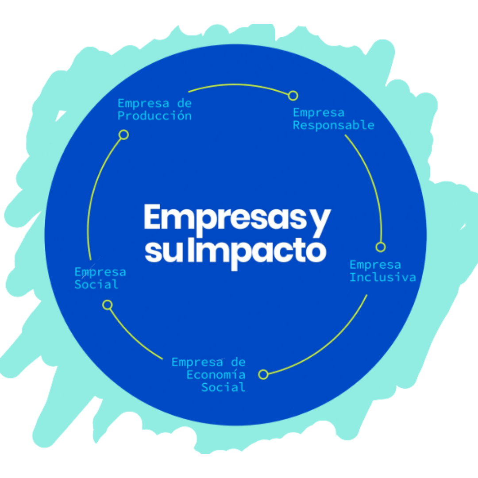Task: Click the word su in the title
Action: tap(164, 251)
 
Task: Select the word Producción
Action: tap(154, 116)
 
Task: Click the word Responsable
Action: tap(333, 125)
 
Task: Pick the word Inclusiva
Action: tap(383, 278)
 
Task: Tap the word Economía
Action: tap(216, 375)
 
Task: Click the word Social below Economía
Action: tap(223, 387)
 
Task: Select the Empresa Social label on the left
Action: tap(100, 278)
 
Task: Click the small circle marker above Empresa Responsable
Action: tap(293, 96)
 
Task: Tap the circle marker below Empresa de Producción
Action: tap(124, 135)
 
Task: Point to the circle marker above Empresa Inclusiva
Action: tap(381, 247)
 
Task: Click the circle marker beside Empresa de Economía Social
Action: tap(263, 374)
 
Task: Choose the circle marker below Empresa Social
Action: tap(107, 305)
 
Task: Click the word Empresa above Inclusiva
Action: tap(375, 265)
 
